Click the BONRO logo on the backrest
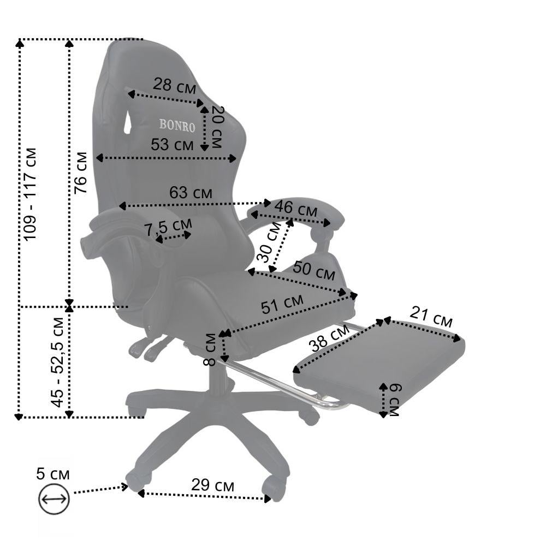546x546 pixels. (x=177, y=126)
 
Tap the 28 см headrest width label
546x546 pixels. (x=175, y=86)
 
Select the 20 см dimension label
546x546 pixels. (x=217, y=127)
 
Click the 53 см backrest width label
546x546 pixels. (x=172, y=145)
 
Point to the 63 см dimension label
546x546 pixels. (x=191, y=193)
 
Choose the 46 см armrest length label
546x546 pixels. (x=296, y=209)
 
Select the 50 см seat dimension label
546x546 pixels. (x=314, y=271)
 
